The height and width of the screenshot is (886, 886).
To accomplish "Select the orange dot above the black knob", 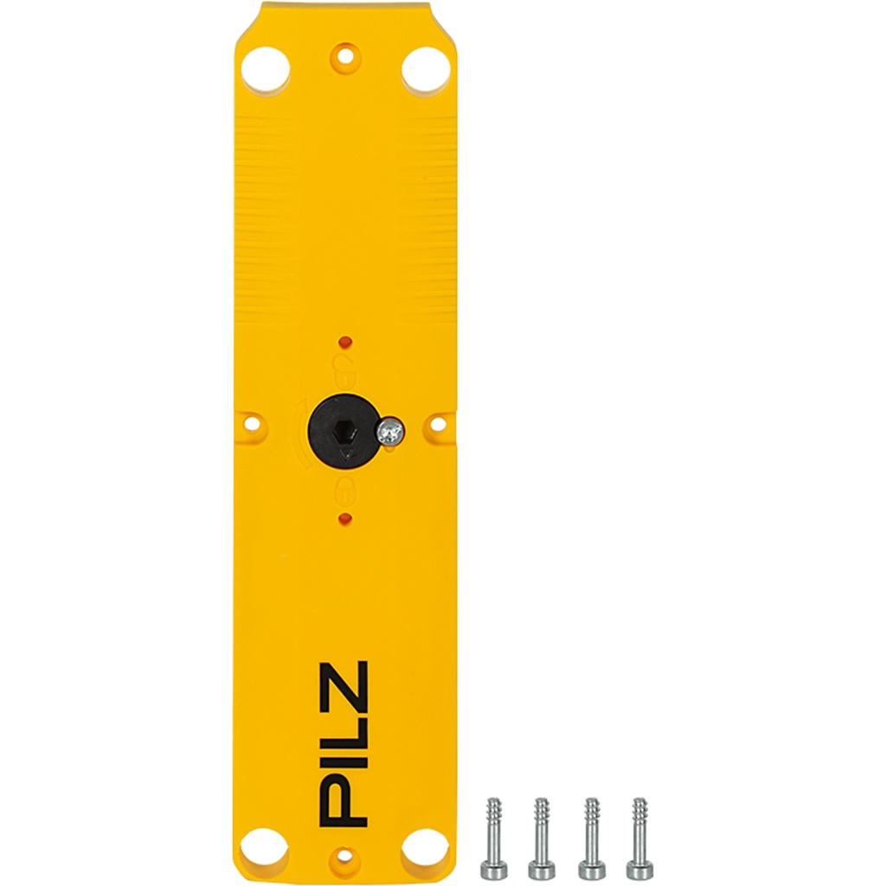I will (344, 339).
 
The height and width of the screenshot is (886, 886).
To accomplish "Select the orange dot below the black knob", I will (344, 518).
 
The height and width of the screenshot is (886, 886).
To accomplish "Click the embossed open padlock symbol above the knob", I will (343, 362).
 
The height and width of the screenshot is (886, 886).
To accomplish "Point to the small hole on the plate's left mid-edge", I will (253, 424).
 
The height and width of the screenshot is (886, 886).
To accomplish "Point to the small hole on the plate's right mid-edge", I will (437, 424).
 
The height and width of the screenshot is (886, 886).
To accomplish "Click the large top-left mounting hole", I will (265, 69).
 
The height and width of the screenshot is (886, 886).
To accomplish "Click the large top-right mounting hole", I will (425, 69).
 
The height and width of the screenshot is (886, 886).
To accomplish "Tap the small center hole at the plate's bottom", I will (344, 857).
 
